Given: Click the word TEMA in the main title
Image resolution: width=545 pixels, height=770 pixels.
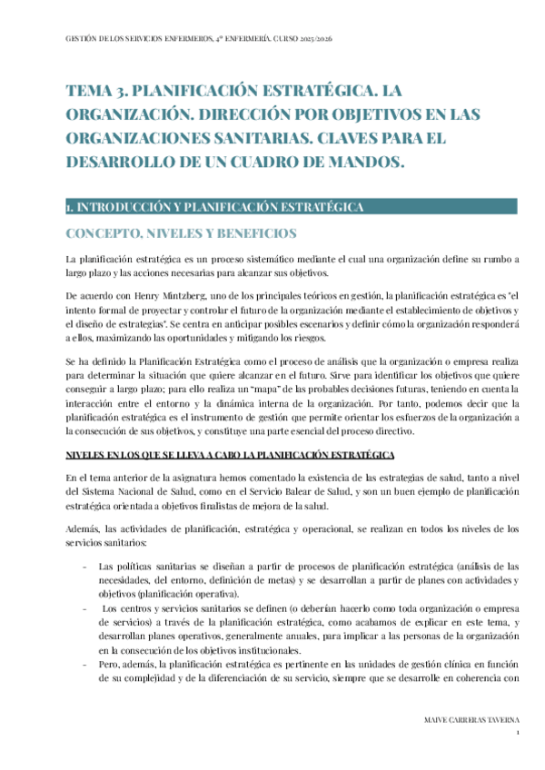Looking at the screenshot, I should [87, 92].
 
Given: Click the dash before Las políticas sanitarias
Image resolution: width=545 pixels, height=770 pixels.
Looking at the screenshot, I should [84, 567].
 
